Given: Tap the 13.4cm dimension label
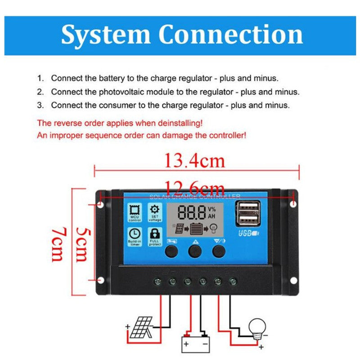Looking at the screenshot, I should tap(194, 160).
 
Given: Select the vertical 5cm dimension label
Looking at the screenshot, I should tap(82, 243).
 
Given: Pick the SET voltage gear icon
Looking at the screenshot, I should tap(155, 210).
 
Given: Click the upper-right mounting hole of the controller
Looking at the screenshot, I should tap(294, 204).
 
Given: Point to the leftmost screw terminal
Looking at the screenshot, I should tap(157, 282).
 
